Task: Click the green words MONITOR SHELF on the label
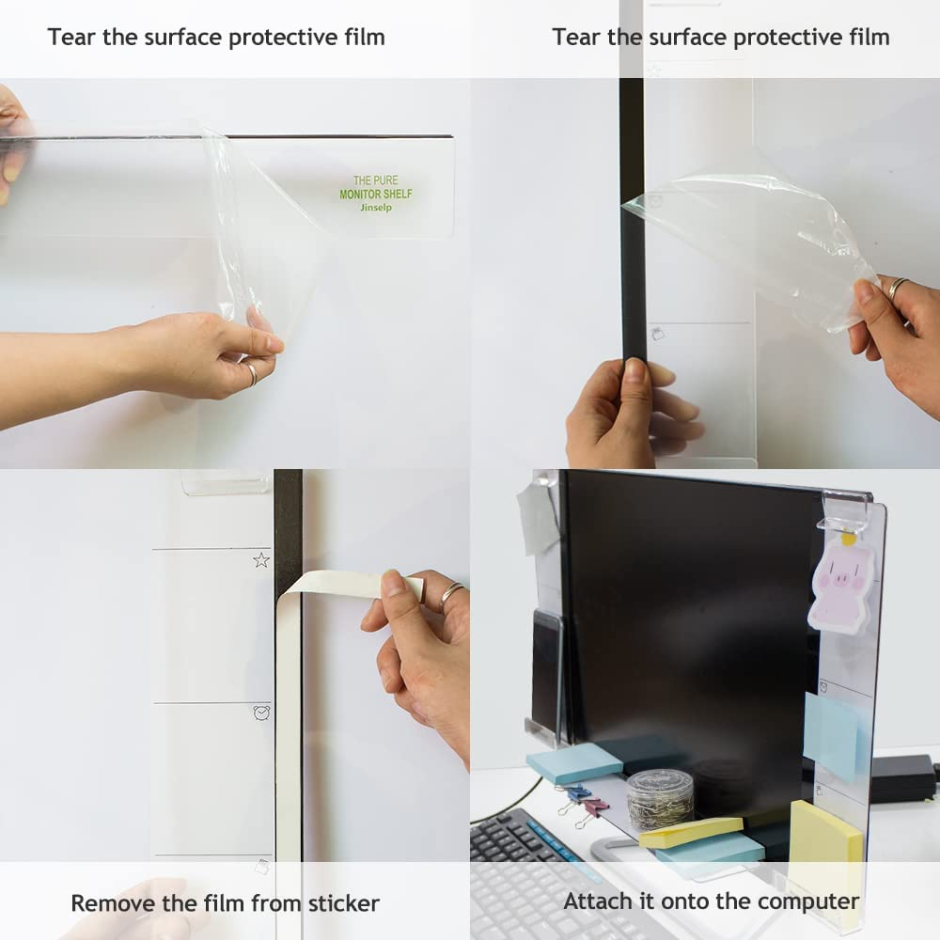click(376, 194)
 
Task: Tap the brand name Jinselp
click(376, 208)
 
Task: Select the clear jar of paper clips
click(660, 798)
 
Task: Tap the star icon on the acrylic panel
click(261, 559)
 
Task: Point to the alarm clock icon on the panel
click(261, 713)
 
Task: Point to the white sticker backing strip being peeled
click(338, 584)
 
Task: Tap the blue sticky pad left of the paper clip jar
click(573, 762)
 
